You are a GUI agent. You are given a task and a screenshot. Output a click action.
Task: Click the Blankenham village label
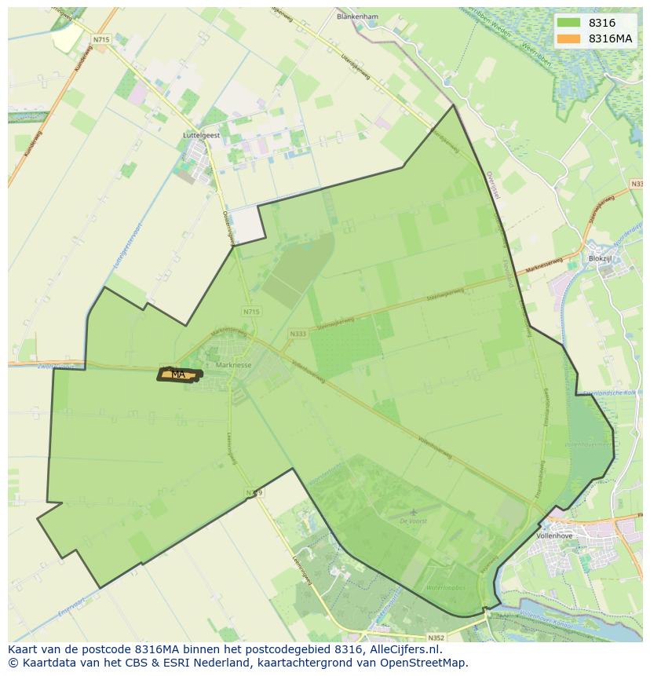(x=356, y=16)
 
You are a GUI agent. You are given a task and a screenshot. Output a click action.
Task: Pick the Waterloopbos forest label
(x=445, y=586)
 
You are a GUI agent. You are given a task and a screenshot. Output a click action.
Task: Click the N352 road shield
(x=436, y=638)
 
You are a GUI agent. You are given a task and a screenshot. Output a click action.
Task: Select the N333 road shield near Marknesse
(x=297, y=333)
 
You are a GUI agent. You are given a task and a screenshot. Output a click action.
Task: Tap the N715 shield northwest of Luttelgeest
(x=100, y=38)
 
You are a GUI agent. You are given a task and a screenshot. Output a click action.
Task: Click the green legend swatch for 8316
(x=569, y=24)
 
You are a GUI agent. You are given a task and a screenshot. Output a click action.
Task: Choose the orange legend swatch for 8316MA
(x=569, y=38)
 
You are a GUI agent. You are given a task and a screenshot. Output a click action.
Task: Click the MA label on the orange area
(x=178, y=375)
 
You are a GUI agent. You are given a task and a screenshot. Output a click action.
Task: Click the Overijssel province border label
(x=492, y=185)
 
